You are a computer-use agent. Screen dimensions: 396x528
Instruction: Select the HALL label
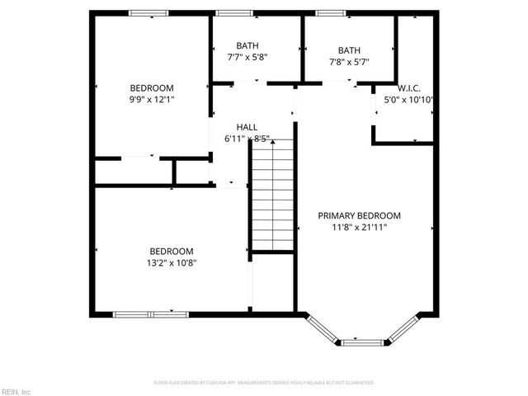(x=247, y=127)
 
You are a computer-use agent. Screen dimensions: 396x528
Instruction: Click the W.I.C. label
(x=409, y=87)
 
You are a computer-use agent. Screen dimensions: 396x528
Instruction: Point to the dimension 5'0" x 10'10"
(x=409, y=99)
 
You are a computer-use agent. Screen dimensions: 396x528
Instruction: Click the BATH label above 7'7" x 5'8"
(x=247, y=46)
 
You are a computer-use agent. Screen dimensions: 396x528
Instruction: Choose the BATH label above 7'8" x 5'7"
(x=349, y=49)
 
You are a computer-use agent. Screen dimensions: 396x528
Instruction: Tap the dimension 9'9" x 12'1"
(x=152, y=99)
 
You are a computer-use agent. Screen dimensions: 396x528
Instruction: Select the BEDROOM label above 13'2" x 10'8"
(x=171, y=252)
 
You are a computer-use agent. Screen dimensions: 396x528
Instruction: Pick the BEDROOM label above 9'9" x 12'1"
(x=152, y=88)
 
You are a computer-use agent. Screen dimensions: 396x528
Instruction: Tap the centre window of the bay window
(x=362, y=340)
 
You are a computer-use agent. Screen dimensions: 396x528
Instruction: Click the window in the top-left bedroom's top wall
(x=148, y=13)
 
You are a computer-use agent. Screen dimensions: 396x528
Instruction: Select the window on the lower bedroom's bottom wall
(x=150, y=313)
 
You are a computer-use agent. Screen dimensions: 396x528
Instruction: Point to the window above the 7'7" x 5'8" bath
(x=234, y=13)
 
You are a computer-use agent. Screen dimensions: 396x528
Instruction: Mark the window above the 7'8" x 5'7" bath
(x=331, y=13)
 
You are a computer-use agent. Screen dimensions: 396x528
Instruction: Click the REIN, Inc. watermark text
(x=16, y=390)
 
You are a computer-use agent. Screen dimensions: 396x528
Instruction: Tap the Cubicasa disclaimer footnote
(x=264, y=383)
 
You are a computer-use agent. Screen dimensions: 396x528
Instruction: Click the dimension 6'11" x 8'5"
(x=247, y=139)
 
